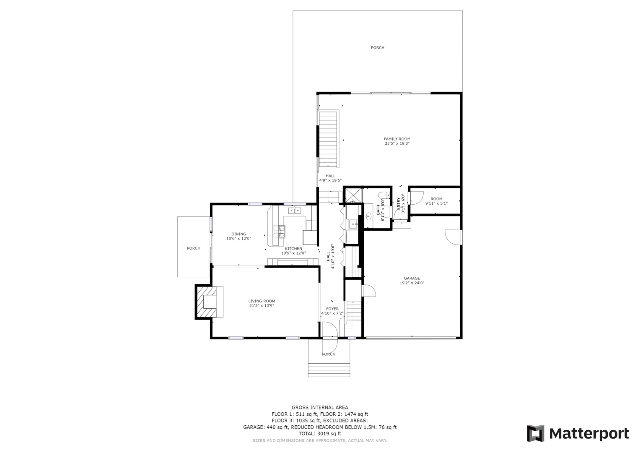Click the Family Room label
[397, 139]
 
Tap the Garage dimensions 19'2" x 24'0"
[412, 283]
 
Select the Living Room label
[262, 301]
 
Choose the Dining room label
[239, 234]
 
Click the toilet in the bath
[384, 195]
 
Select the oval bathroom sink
[368, 216]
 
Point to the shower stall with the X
[354, 195]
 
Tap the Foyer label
[332, 309]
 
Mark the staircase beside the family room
[328, 139]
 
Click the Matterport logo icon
[536, 433]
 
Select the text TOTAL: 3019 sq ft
[320, 434]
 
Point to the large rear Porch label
[378, 47]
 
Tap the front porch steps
[329, 370]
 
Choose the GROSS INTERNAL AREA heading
[320, 408]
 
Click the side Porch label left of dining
[194, 248]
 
